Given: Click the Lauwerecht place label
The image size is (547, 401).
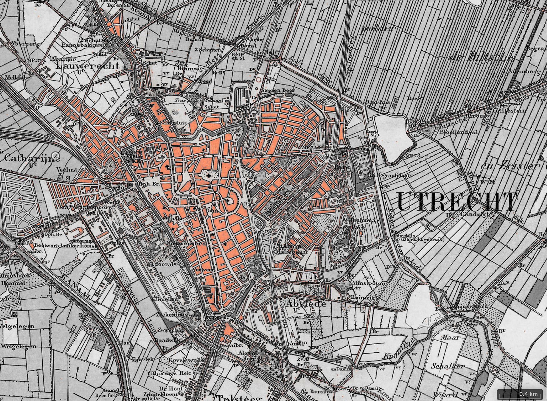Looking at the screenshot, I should pyautogui.click(x=87, y=66).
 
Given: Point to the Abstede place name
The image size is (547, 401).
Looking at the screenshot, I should pyautogui.click(x=305, y=304).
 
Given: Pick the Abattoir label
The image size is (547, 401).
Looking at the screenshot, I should pyautogui.click(x=64, y=58).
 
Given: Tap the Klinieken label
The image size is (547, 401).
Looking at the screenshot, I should pyautogui.click(x=169, y=299).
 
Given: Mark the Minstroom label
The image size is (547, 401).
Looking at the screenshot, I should pyautogui.click(x=368, y=283).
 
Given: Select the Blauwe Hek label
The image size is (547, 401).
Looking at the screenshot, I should pyautogui.click(x=171, y=373).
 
